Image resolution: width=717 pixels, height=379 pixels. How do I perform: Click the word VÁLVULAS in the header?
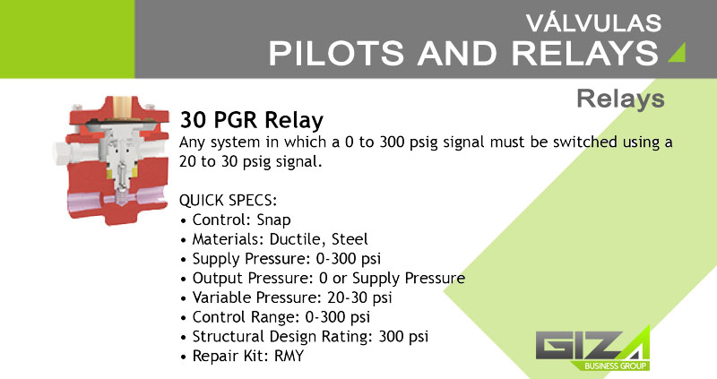pos(593,23)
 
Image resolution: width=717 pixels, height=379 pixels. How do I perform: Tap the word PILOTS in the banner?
pos(336,53)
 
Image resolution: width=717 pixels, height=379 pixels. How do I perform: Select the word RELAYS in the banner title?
pos(585,53)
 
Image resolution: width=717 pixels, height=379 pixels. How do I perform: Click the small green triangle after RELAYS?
pos(677,52)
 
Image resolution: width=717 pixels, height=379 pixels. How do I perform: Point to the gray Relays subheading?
pos(620,99)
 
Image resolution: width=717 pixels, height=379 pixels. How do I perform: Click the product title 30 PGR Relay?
pos(252,120)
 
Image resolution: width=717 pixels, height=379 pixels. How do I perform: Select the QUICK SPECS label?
pos(229,200)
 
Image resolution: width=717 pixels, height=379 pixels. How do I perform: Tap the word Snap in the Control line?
pos(273,220)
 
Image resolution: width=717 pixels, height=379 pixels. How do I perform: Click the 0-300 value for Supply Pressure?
pos(337,259)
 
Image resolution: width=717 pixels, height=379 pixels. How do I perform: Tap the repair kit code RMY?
pos(289,356)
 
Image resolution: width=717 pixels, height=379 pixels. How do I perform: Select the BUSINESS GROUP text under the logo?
pos(615,366)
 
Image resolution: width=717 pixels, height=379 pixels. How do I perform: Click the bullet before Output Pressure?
pos(184,279)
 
